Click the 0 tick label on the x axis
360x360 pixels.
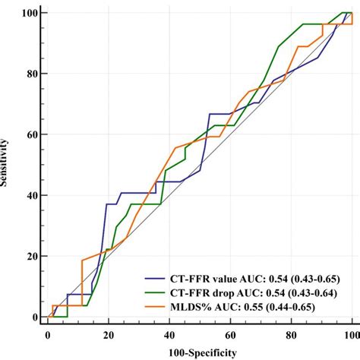click(x=48, y=334)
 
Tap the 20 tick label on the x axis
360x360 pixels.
click(x=109, y=334)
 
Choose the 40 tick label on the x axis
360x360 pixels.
click(x=169, y=334)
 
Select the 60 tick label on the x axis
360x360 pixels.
click(x=230, y=334)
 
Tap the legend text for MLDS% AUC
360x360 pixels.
click(x=253, y=305)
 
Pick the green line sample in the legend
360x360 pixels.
click(x=158, y=292)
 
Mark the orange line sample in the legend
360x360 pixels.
click(x=158, y=305)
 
